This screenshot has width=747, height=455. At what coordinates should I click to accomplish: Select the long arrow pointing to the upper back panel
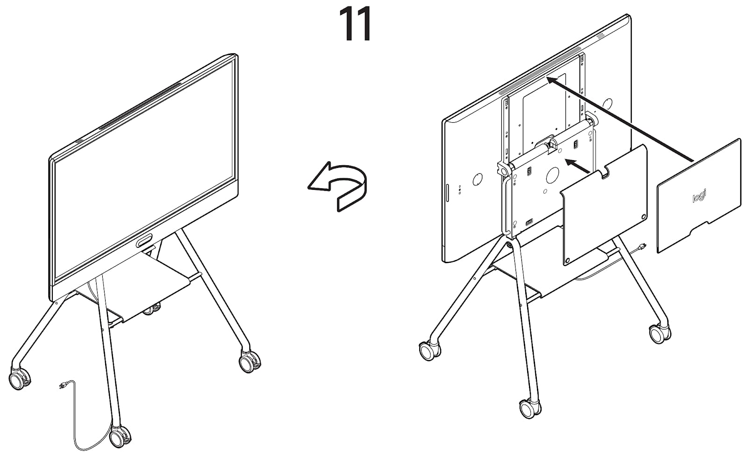(621, 120)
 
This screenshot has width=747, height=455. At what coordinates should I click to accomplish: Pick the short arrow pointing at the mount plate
(578, 166)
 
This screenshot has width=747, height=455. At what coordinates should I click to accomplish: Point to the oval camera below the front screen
(144, 240)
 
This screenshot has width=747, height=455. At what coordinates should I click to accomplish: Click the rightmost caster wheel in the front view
(249, 362)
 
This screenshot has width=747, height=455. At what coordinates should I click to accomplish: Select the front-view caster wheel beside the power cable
(120, 437)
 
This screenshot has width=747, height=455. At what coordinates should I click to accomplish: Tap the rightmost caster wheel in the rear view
(660, 333)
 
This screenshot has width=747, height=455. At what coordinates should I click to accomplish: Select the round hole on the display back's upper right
(607, 104)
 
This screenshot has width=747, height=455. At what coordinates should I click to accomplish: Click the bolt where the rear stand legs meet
(509, 245)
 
